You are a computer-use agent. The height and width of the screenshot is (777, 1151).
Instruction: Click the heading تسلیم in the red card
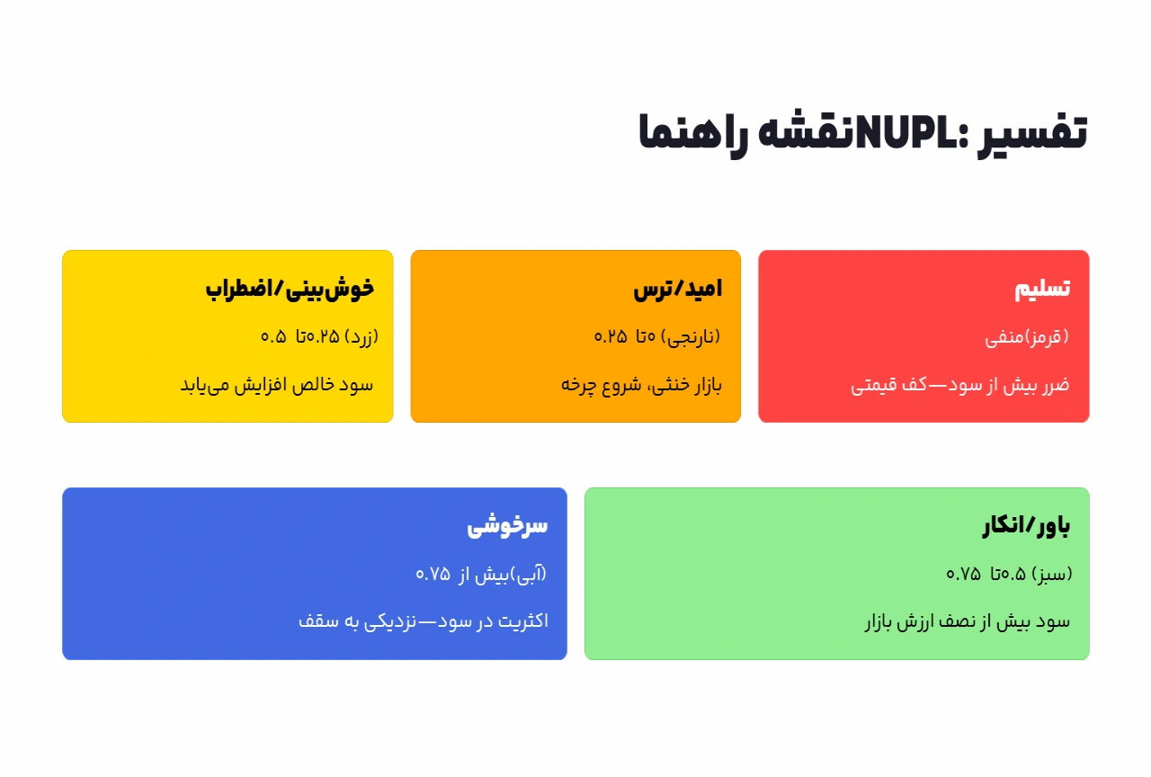1042,289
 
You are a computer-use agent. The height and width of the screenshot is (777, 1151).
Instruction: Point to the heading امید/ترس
677,289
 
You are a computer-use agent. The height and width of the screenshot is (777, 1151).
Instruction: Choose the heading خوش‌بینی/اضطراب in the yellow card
289,289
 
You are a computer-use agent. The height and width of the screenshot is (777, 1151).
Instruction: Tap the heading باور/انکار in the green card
1026,526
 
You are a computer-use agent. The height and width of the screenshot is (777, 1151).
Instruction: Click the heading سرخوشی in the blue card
507,526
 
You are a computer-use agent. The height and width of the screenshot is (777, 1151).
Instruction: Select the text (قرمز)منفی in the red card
1027,337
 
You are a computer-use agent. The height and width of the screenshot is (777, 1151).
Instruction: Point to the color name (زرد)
362,337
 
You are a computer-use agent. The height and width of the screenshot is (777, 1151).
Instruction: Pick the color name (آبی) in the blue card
529,574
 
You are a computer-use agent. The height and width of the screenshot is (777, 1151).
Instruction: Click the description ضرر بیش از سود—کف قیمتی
960,385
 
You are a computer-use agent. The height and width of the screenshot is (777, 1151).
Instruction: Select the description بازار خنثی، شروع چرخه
642,385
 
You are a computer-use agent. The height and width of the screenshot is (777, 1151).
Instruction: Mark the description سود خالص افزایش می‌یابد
277,385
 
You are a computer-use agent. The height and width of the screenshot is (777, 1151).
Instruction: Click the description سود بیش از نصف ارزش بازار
967,621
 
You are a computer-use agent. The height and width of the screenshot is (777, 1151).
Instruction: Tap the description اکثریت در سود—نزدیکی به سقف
423,621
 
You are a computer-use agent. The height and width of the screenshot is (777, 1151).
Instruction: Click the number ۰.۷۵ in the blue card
433,575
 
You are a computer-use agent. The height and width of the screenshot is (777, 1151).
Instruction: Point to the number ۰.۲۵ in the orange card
611,337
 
